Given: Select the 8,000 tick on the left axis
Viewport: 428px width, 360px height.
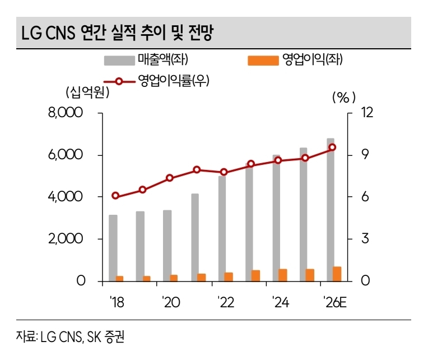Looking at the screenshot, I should pos(66,113).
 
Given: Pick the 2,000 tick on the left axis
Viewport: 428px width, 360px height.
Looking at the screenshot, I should pos(66,239).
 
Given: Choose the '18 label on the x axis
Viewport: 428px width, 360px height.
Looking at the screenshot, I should pos(116,303).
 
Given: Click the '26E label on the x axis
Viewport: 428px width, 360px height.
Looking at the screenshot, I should pos(335,303).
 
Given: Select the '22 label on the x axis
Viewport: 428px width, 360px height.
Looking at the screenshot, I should pos(225,303).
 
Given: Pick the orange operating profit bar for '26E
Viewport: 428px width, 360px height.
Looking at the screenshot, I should pos(337,274).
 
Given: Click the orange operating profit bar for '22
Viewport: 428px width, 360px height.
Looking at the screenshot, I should pos(229,276).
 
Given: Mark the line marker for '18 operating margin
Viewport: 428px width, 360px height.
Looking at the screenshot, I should pos(115,196).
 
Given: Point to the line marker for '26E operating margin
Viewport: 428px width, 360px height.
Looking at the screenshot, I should pos(332,147).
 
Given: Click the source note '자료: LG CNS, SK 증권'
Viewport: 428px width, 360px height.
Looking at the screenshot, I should pos(71,337).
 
